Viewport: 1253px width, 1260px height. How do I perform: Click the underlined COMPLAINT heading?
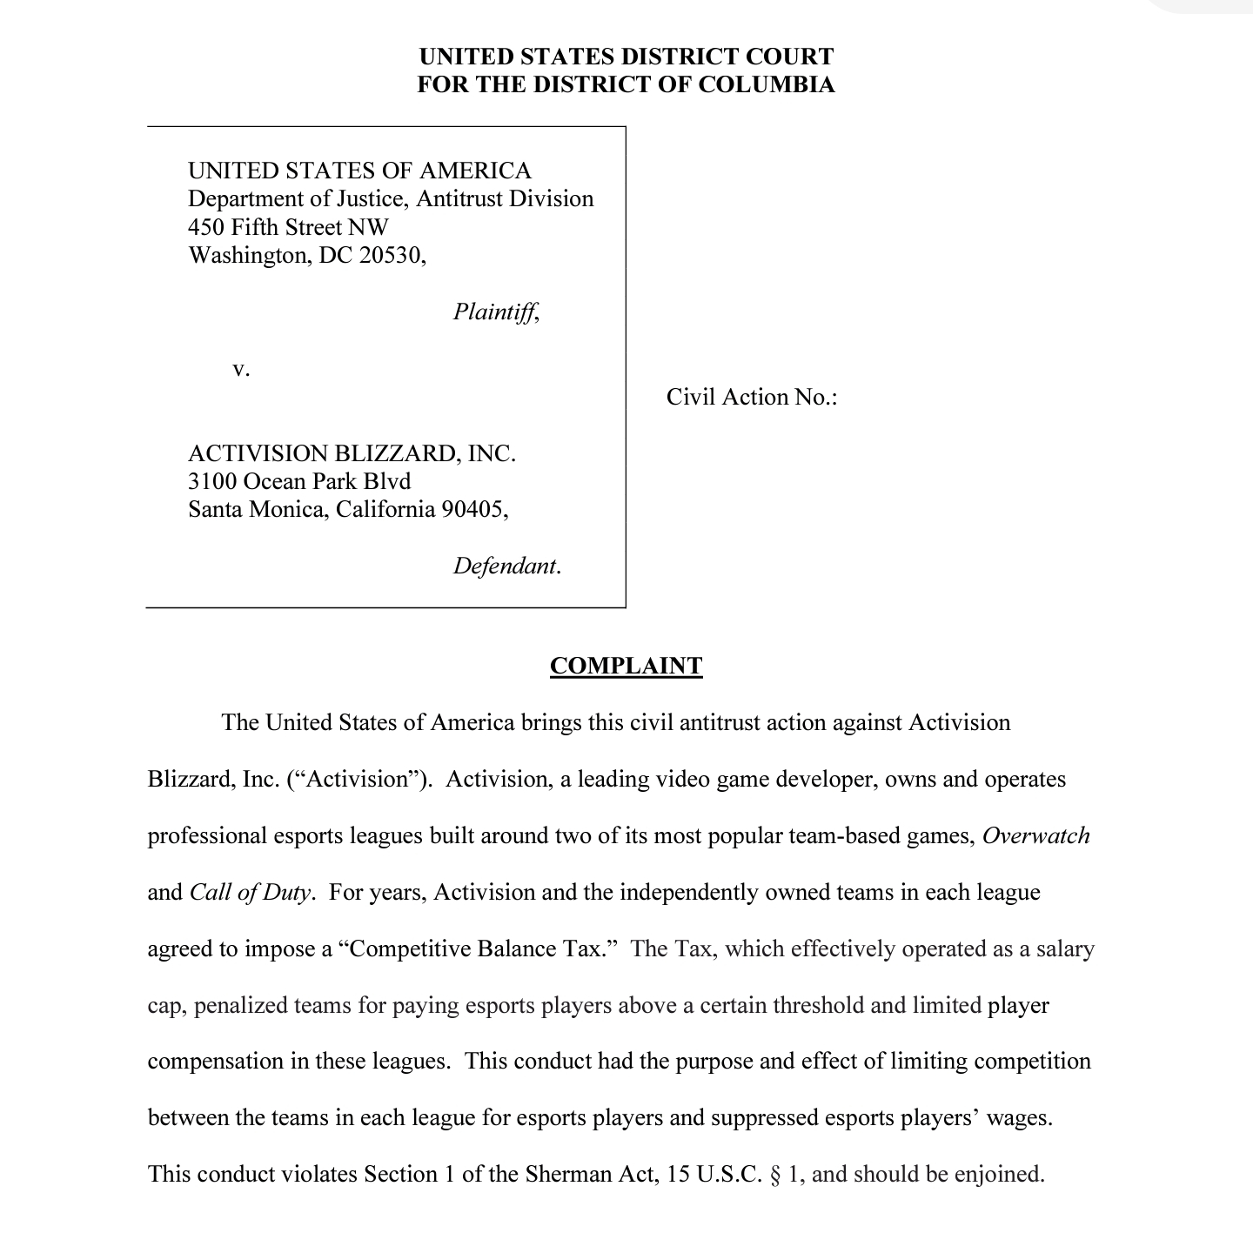click(626, 667)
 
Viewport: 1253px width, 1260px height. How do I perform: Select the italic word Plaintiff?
click(494, 312)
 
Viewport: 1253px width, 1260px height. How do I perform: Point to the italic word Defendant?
click(505, 566)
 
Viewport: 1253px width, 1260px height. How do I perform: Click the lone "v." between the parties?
click(241, 369)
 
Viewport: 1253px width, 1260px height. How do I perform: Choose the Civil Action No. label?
click(751, 398)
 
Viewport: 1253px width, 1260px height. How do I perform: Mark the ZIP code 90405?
click(472, 510)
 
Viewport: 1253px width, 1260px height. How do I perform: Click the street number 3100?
click(212, 481)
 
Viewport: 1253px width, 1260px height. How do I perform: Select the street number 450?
click(204, 227)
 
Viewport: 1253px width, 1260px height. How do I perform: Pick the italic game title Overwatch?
click(1035, 836)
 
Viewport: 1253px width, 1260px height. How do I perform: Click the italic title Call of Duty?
click(250, 893)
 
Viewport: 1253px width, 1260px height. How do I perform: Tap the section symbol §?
click(775, 1175)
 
